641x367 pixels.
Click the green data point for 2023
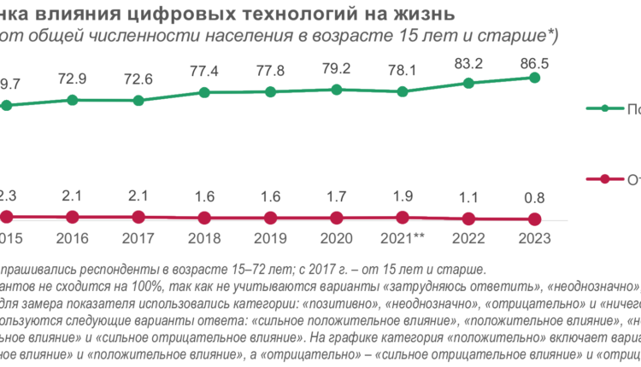pos(535,78)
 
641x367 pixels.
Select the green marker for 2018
pos(204,92)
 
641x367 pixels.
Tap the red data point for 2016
pos(73,217)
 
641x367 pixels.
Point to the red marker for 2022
pos(468,218)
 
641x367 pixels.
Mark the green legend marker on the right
pos(605,108)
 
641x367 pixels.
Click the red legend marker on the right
pos(605,179)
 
